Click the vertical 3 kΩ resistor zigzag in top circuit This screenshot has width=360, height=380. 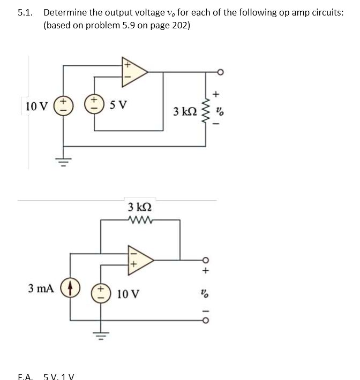[206, 111]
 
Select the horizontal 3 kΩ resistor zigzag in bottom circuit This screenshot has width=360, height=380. [140, 219]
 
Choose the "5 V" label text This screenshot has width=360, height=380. [119, 105]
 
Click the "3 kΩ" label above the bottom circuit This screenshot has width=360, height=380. [140, 207]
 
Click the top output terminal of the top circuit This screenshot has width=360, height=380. [220, 72]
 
